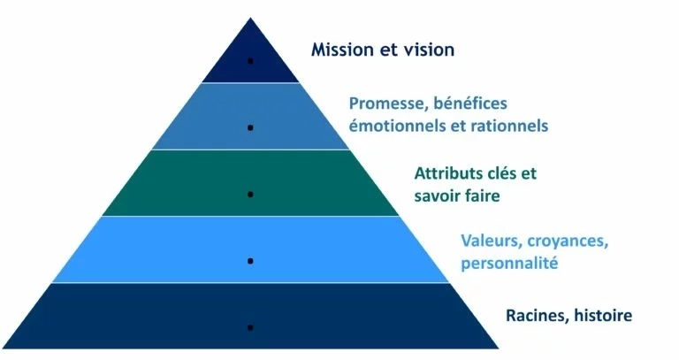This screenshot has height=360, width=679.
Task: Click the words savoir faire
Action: [x=457, y=195]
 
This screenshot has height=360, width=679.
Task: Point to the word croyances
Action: [x=567, y=241]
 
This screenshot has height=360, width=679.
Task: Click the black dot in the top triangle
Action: [x=251, y=61]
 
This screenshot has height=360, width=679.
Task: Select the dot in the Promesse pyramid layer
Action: [x=251, y=128]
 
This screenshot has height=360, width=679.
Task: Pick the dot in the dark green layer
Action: [x=251, y=193]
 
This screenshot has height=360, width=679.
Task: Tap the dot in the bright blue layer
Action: [x=251, y=261]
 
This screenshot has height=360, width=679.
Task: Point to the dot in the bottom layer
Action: [x=251, y=327]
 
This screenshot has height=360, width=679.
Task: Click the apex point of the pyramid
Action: [x=251, y=17]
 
